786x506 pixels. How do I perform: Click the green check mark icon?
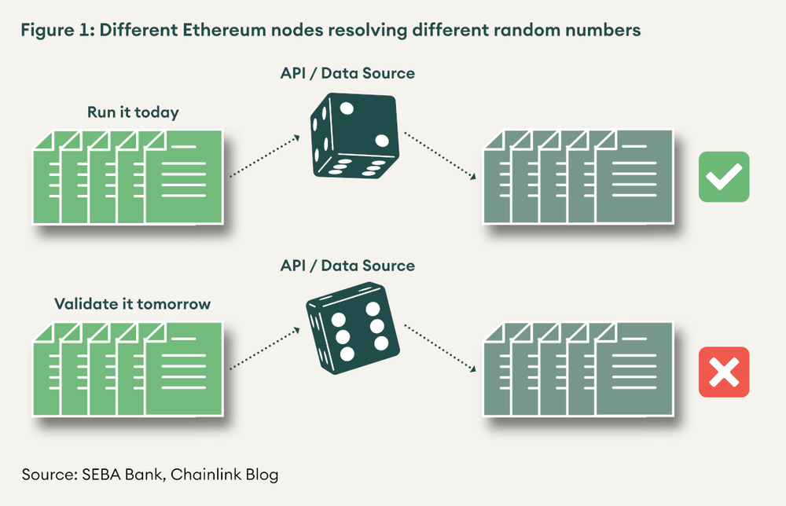(724, 177)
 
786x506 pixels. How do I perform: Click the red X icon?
(724, 372)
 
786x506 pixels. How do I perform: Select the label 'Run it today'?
(133, 112)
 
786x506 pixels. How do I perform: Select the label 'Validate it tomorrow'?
(133, 303)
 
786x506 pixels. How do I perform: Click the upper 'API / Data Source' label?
(347, 74)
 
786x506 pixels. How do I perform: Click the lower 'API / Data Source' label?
(347, 266)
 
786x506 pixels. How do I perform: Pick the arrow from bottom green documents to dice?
(264, 350)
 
